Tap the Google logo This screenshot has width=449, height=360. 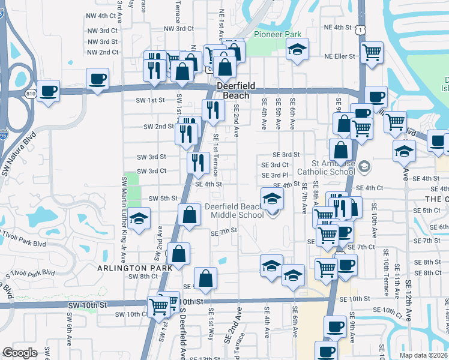(x=20, y=353)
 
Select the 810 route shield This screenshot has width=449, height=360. (x=31, y=93)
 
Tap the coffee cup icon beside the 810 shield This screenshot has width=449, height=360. (x=48, y=91)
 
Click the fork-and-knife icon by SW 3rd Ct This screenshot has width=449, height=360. (x=198, y=162)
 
